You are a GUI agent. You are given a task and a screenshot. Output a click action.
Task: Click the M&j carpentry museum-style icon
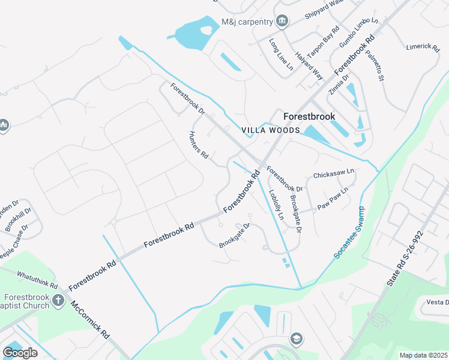click(282, 22)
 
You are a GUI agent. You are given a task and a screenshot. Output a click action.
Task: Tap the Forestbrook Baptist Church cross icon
click(58, 300)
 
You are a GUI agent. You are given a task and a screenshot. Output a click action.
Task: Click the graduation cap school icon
click(295, 339)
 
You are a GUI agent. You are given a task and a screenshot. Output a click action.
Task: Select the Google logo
click(20, 352)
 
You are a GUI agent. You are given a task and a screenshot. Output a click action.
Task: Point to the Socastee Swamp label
click(350, 238)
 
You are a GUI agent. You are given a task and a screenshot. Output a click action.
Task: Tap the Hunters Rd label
click(198, 145)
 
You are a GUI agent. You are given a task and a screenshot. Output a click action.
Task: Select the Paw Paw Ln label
click(333, 199)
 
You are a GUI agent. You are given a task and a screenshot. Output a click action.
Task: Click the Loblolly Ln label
click(276, 205)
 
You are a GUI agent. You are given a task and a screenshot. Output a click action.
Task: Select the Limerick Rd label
click(423, 46)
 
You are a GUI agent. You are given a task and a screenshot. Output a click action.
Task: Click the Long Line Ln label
click(281, 53)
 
